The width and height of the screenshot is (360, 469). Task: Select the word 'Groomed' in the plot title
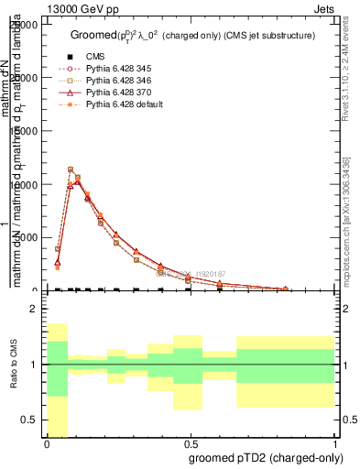tap(93, 35)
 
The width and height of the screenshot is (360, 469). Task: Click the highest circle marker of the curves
tap(71, 169)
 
